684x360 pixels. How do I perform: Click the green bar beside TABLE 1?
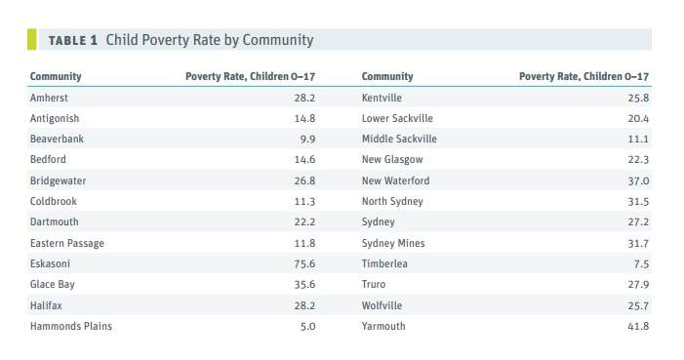[x=32, y=39]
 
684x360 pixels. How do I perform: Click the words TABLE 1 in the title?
[x=73, y=41]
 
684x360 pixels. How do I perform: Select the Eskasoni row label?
[x=50, y=263]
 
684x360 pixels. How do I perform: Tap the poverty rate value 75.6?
[x=304, y=264]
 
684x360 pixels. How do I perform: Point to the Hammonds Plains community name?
[x=71, y=326]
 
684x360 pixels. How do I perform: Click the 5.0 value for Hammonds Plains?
[x=307, y=327]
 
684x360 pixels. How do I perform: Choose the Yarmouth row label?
[x=383, y=326]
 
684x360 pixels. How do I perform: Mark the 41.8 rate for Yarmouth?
[x=638, y=327]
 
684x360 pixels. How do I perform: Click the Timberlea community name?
[x=384, y=263]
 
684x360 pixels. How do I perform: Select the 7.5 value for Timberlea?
[x=642, y=264]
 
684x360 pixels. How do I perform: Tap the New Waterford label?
[x=395, y=180]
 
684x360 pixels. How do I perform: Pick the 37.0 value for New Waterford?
[x=638, y=181]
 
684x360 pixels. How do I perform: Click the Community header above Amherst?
[x=56, y=76]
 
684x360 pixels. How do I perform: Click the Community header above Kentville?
[x=387, y=76]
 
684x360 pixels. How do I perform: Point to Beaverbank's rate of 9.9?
[x=307, y=140]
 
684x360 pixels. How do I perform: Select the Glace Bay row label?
[x=53, y=285]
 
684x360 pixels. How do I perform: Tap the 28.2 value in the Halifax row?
[x=304, y=305]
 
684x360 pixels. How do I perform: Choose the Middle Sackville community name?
[x=399, y=139]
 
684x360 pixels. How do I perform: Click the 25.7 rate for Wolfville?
[x=638, y=305]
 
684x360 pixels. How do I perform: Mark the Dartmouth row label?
[x=55, y=221]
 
